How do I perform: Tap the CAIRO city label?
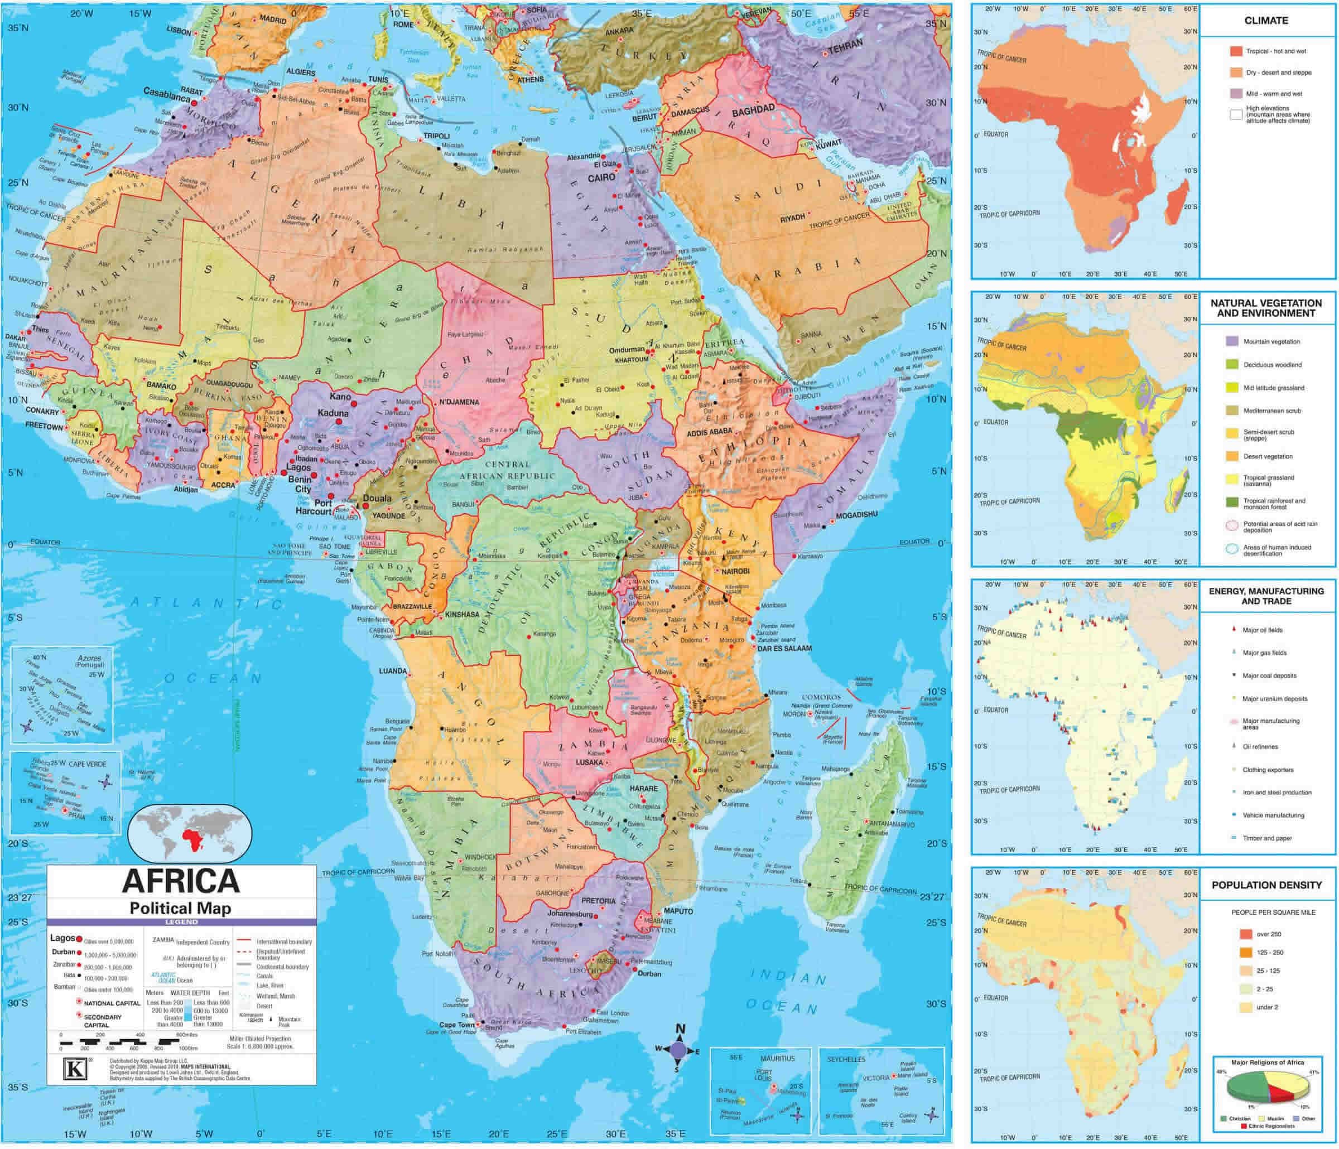click(601, 177)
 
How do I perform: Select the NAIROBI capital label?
click(735, 571)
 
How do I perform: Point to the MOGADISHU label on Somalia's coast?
click(856, 515)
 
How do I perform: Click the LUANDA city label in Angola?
click(392, 671)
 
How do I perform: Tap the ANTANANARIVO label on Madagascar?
click(893, 824)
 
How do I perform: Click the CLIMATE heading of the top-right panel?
click(1266, 21)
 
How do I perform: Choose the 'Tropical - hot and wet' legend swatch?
click(1236, 51)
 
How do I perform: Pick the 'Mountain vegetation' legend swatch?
click(1232, 341)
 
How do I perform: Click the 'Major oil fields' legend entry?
click(1261, 630)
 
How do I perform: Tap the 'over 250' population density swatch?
click(1246, 934)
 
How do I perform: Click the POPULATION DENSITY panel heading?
click(1266, 885)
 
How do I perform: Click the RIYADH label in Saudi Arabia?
click(792, 219)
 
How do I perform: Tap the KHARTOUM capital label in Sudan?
click(631, 359)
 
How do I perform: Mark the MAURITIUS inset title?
click(777, 1058)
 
